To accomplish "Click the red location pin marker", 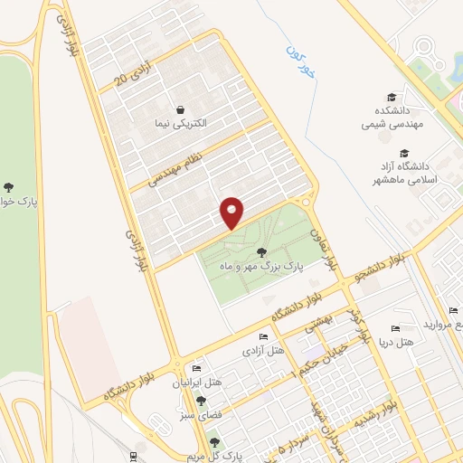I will click(232, 213).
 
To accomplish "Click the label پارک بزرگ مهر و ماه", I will click(262, 268).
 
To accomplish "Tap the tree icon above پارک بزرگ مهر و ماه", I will click(262, 252).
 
